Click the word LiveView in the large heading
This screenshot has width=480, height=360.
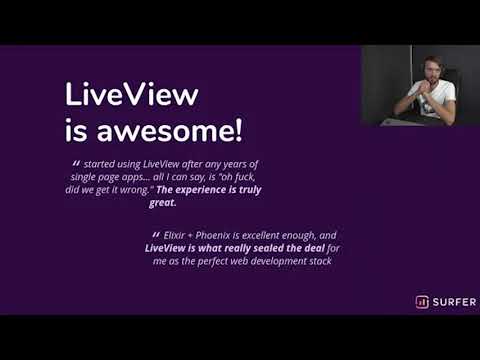(132, 96)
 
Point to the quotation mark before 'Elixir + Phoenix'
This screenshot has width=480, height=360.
(156, 235)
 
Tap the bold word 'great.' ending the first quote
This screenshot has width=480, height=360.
(161, 202)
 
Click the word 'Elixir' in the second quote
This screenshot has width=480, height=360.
(180, 234)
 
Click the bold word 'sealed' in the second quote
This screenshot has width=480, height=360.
(275, 247)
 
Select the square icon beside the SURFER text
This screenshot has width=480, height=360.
(422, 302)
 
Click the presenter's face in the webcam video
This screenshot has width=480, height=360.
(430, 74)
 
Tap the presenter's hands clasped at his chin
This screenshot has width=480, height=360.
(422, 94)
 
